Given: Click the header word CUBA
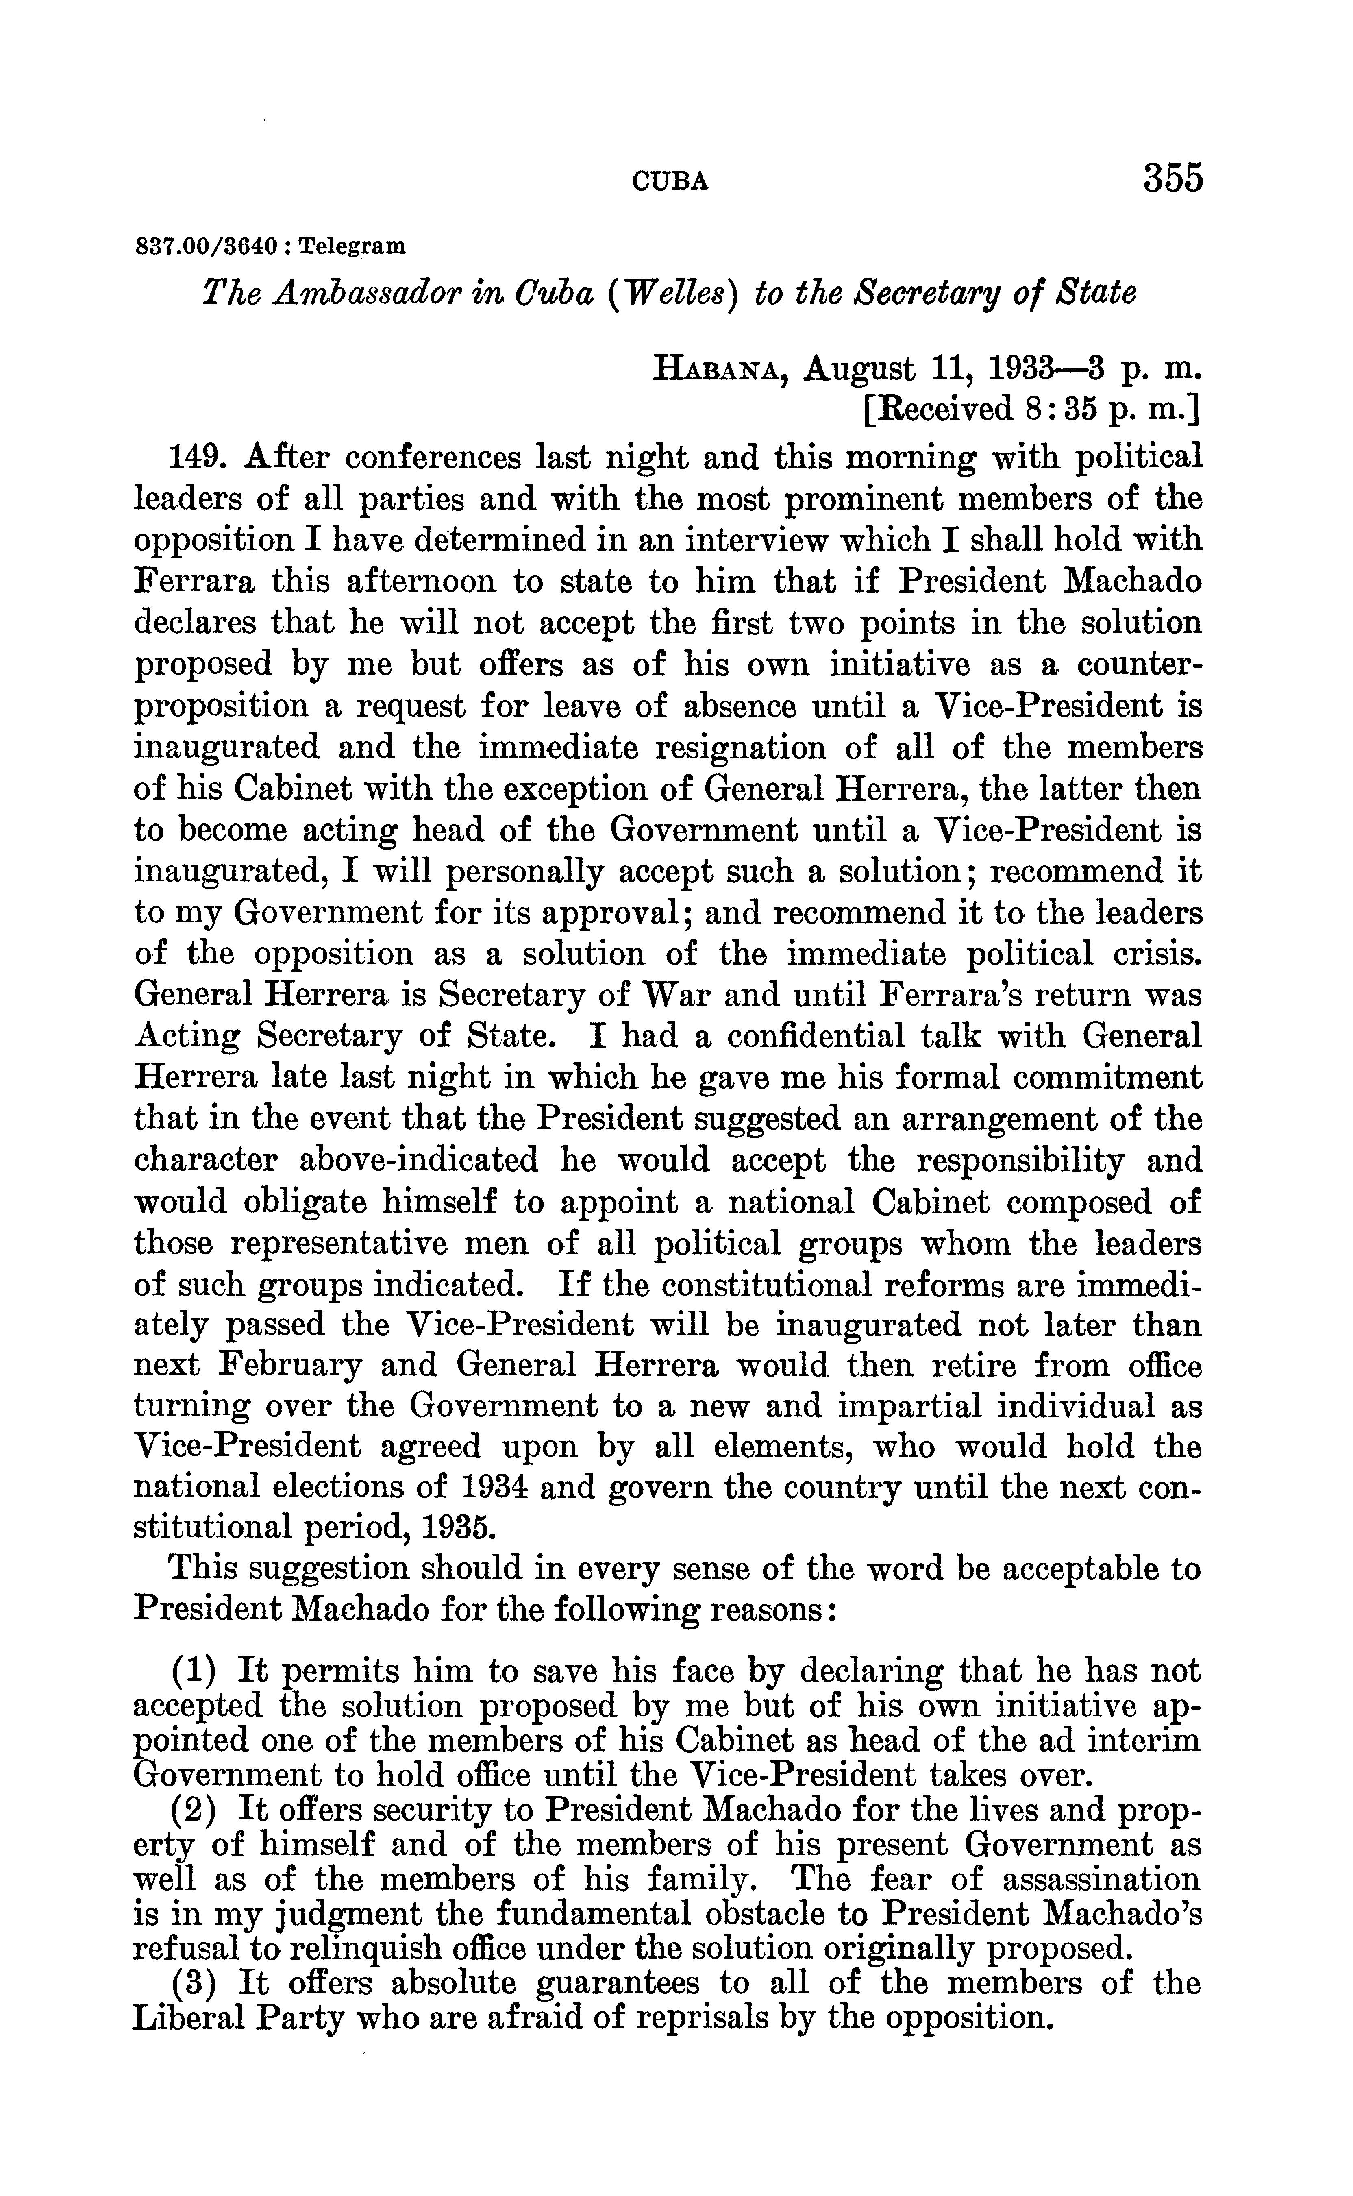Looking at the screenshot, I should (x=670, y=183).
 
